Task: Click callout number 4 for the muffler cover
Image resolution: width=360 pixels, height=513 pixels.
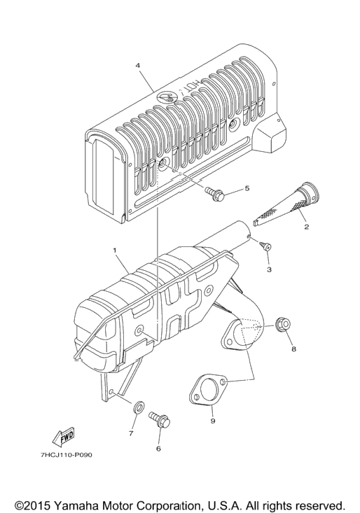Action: (x=138, y=65)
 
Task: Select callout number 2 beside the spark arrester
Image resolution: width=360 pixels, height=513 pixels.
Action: (x=306, y=226)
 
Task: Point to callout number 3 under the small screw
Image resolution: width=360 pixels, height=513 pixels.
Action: (x=269, y=269)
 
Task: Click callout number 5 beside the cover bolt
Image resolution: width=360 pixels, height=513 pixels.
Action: (x=247, y=188)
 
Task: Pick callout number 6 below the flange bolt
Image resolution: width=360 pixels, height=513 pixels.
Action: (x=158, y=449)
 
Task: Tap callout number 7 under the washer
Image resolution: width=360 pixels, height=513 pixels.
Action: (x=130, y=433)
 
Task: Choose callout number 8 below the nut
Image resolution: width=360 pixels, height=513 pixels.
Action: (x=293, y=349)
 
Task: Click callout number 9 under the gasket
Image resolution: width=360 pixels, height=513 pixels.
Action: (x=213, y=421)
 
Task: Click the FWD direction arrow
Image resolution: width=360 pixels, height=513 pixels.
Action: (x=64, y=437)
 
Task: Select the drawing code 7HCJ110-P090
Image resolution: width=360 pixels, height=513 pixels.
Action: (x=67, y=455)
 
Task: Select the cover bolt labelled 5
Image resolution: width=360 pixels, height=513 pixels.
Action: (x=215, y=193)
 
